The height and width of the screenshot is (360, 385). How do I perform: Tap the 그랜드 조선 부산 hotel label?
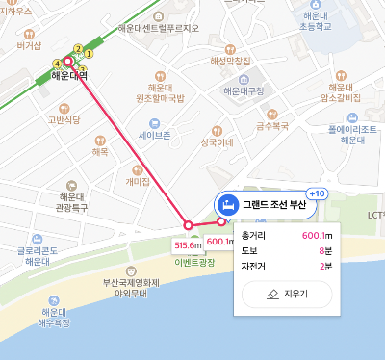271,204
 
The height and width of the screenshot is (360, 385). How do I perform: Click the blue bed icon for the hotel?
228,204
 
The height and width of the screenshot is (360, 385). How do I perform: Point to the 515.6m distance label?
187,245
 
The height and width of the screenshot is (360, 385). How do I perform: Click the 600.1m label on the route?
219,242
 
